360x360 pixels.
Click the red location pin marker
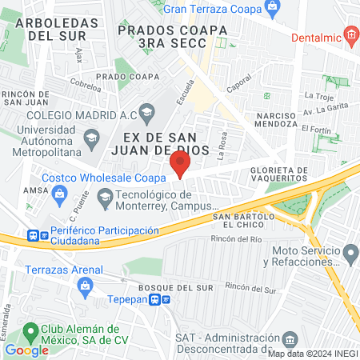[180, 165]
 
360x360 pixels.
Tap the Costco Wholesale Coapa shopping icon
[59, 194]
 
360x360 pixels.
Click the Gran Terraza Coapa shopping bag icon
[273, 8]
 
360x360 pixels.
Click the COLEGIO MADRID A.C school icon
[146, 111]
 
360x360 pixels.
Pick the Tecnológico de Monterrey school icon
[105, 197]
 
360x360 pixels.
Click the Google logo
[26, 350]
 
